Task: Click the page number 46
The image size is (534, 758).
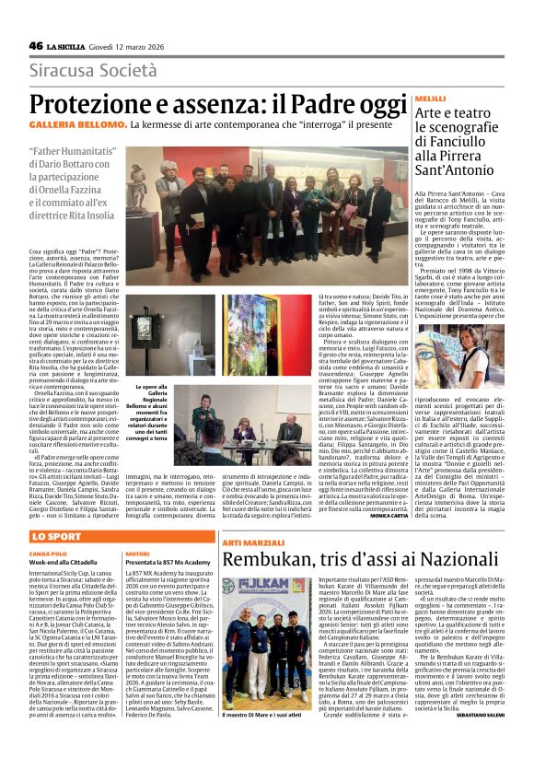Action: pyautogui.click(x=36, y=45)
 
